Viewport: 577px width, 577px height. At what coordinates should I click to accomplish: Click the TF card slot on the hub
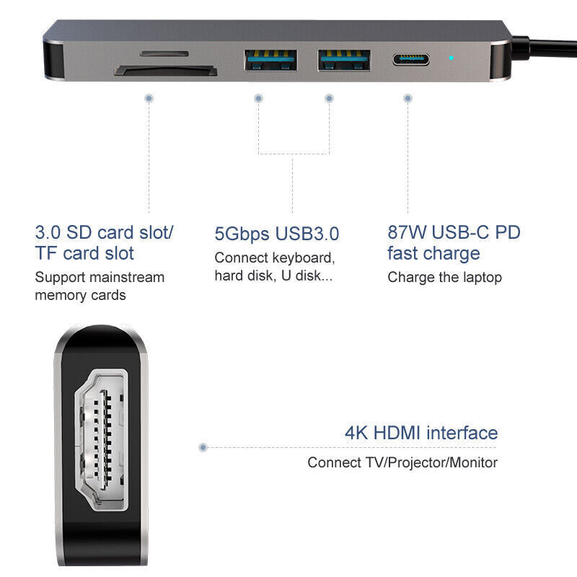coord(164,53)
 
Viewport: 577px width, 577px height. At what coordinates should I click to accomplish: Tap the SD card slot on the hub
coord(166,71)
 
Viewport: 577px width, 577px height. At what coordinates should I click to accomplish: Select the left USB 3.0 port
coord(270,60)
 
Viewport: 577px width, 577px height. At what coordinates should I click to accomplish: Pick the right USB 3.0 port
coord(344,60)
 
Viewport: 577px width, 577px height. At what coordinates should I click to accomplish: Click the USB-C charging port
coord(410,59)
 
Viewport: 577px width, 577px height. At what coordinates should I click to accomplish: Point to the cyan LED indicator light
coord(452,58)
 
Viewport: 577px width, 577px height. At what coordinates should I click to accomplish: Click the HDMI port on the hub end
coord(102,440)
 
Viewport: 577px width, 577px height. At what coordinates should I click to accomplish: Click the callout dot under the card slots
coord(149,98)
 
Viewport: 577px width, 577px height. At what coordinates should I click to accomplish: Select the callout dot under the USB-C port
coord(408,98)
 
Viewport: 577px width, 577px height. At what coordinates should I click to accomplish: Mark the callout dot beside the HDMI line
coord(203,447)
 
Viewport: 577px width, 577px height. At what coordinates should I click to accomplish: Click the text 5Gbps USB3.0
coord(277,234)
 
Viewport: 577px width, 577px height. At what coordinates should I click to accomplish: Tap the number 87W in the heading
coord(407,232)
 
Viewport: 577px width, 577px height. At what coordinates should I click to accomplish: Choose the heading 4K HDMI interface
coord(421,433)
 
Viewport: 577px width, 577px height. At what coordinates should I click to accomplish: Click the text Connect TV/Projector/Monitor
coord(402,462)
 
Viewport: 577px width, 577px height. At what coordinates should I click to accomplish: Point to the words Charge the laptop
coord(444,278)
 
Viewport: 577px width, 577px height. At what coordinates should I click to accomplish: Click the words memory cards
coord(80,295)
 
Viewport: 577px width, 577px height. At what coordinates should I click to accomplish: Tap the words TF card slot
coord(84,253)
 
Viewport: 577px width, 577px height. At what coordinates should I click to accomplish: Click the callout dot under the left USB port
coord(258,98)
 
